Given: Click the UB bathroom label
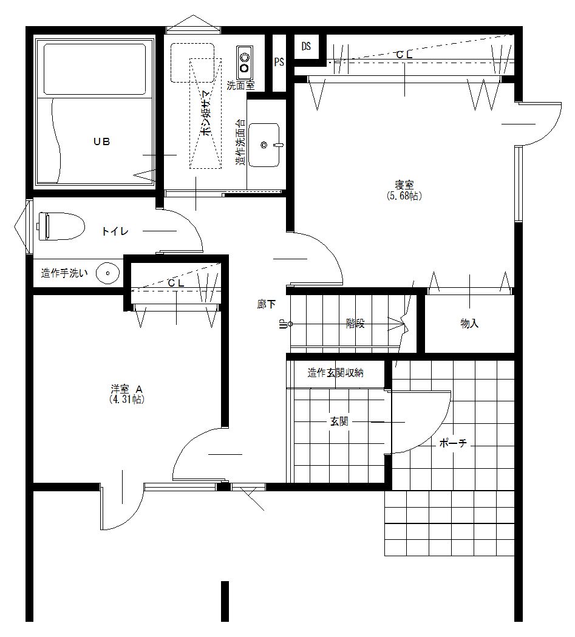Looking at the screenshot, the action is (x=101, y=141).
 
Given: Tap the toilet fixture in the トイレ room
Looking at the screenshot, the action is (x=61, y=227).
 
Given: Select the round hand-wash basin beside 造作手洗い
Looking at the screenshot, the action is (x=107, y=273).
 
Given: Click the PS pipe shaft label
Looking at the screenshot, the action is (x=279, y=62).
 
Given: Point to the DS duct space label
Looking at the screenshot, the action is (x=306, y=46).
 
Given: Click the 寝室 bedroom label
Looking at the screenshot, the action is (x=404, y=185).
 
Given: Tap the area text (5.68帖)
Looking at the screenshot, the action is (x=404, y=196).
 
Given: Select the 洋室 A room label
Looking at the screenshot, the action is (x=127, y=389).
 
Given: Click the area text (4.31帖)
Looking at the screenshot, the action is (x=127, y=400).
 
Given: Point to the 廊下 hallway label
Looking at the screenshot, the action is (x=267, y=304).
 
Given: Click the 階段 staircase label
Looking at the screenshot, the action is (x=355, y=324).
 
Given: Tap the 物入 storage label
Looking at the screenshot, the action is (x=469, y=324).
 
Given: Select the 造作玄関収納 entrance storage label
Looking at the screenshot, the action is (x=335, y=372).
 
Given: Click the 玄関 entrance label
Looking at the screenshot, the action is (x=339, y=421).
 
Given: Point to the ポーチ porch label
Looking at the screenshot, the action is (x=453, y=443).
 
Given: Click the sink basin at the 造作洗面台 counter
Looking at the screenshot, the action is (x=264, y=145).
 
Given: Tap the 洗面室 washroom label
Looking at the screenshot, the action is (x=240, y=85).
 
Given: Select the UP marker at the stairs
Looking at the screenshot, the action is (x=281, y=324).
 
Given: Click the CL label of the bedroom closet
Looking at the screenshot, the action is (x=404, y=55).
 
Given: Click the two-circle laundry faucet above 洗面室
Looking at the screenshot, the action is (x=245, y=63).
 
